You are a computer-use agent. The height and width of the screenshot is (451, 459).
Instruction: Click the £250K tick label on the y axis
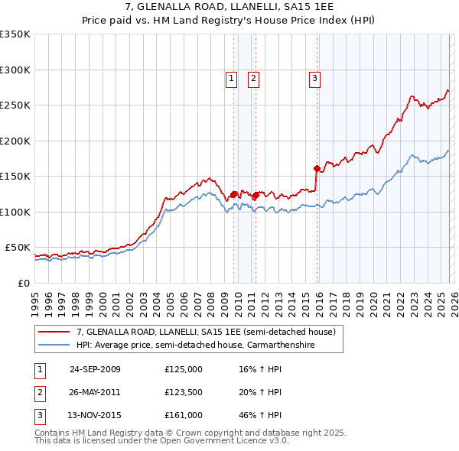15,105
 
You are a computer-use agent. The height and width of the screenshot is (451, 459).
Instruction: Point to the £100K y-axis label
15,212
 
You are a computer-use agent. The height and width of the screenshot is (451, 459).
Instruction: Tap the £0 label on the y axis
23,283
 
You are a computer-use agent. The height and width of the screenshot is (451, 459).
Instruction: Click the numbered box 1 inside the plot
232,77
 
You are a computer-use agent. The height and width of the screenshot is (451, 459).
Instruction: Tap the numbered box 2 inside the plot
253,77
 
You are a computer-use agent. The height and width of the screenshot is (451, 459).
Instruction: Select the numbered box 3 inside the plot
314,77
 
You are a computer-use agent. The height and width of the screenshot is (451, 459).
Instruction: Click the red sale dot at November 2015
317,168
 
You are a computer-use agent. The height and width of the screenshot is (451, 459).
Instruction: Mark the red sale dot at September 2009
233,194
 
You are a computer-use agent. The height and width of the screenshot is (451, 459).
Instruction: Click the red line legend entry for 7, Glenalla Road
206,333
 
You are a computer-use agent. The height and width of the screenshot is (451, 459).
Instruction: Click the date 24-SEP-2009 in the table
95,369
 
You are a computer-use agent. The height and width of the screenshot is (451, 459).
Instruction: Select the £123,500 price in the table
184,392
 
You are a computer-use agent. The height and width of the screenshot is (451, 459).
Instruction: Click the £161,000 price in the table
184,416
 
